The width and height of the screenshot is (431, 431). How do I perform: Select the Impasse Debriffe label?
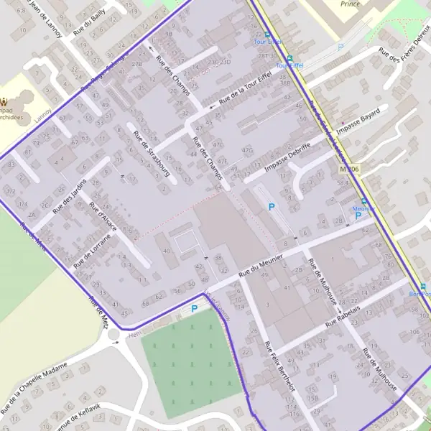(287, 158)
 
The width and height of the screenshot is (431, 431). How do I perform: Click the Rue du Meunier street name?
(262, 264)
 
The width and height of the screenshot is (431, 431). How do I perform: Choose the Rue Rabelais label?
(352, 314)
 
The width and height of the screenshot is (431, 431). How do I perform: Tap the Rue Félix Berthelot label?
(279, 366)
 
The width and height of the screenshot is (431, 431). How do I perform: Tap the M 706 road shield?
(349, 169)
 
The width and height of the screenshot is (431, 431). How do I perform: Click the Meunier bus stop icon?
(363, 202)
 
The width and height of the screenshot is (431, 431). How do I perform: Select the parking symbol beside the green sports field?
(194, 309)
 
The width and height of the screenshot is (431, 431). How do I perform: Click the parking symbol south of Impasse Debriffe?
(271, 207)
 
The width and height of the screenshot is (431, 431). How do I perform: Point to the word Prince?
(350, 4)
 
